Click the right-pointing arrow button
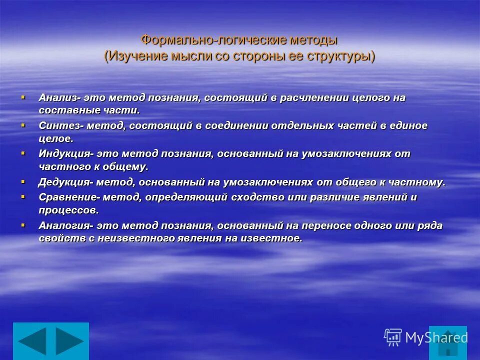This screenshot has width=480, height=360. tap(69, 341)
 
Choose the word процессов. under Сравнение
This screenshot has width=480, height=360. tap(68, 210)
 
